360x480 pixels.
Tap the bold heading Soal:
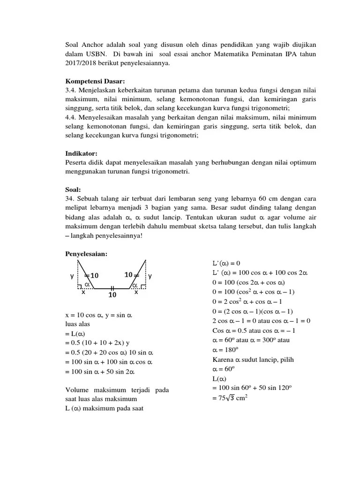click(x=73, y=189)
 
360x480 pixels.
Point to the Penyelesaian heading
click(x=86, y=254)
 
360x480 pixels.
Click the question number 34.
click(x=70, y=198)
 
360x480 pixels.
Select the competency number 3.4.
click(x=71, y=90)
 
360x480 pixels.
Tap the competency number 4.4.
click(x=71, y=117)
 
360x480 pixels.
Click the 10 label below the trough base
click(x=112, y=295)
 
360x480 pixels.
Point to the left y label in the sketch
click(x=72, y=276)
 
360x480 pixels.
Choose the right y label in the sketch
click(x=150, y=276)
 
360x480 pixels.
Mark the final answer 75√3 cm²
click(x=230, y=398)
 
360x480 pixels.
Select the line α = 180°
click(x=225, y=350)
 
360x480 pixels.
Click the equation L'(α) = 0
click(x=226, y=262)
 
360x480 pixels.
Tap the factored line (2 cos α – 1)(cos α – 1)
click(x=253, y=311)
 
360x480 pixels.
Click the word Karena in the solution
click(x=223, y=360)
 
